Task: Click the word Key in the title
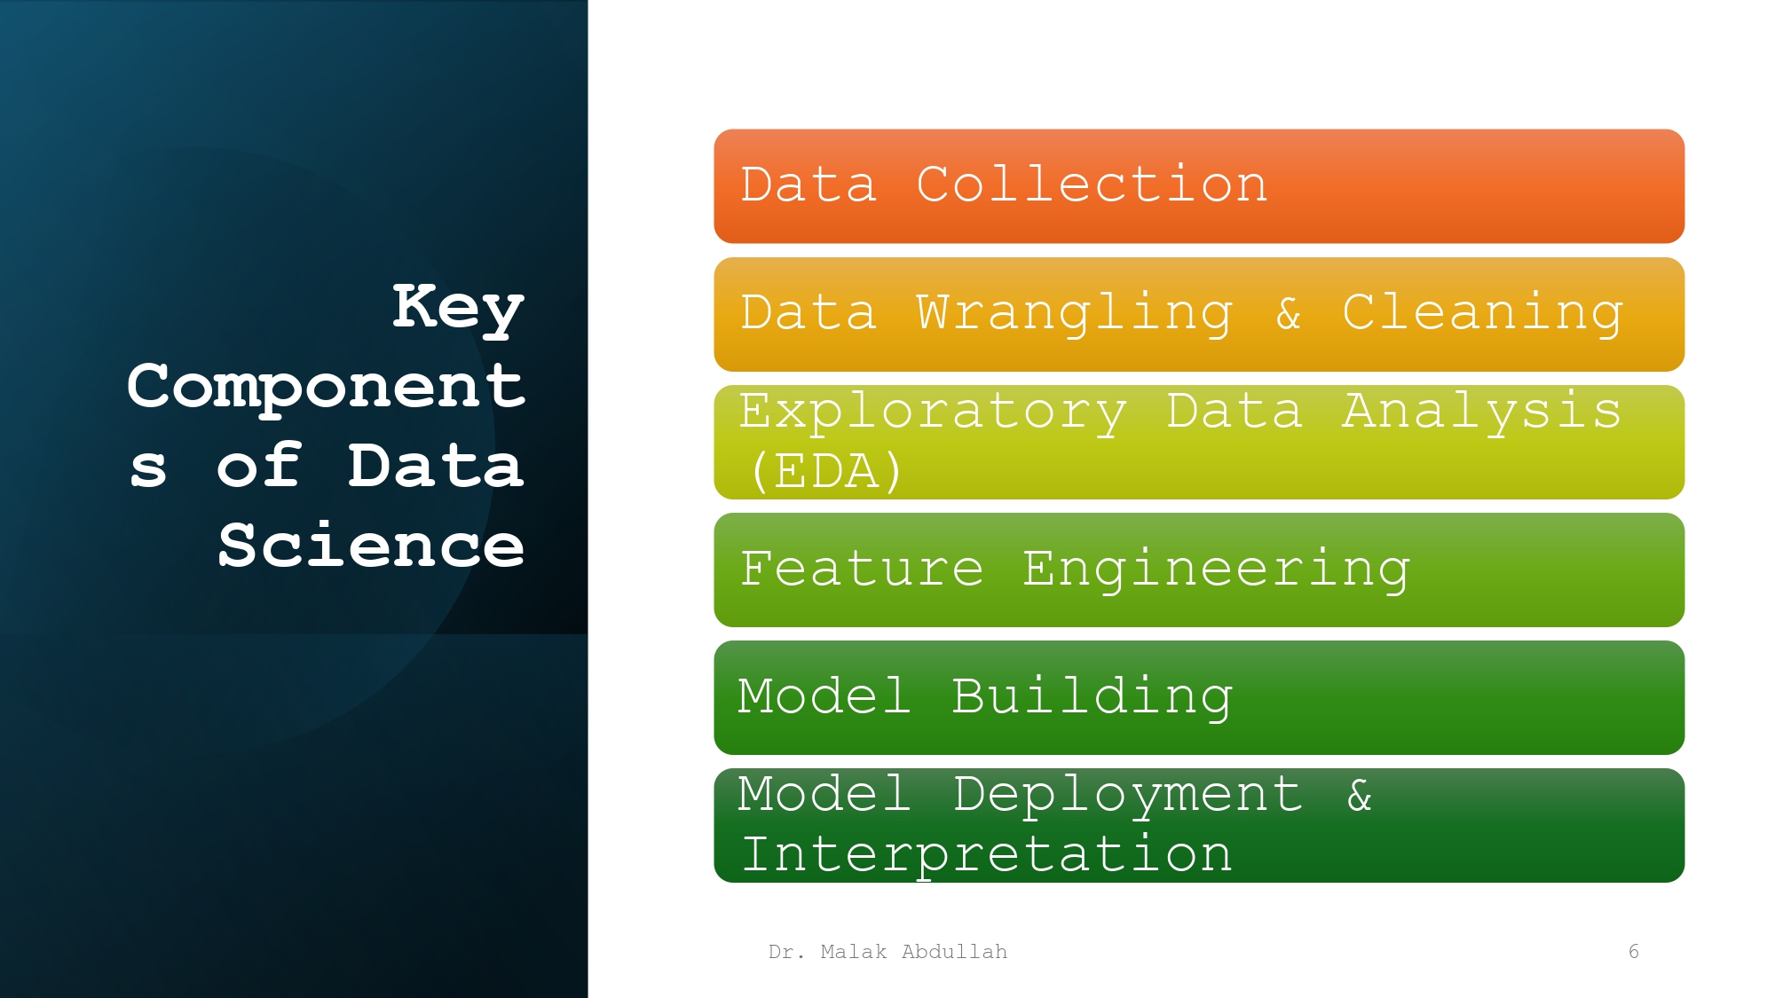tap(458, 307)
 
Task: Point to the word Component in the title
tap(327, 386)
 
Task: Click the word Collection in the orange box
tap(1092, 185)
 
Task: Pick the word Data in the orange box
tap(809, 185)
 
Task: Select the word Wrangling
tap(1075, 313)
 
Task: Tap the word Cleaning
tap(1482, 313)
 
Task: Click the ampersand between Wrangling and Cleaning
tap(1289, 313)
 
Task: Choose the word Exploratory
tap(933, 412)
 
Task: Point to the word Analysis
tap(1481, 412)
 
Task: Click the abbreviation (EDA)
tap(826, 470)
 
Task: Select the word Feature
tap(862, 569)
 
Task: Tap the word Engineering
tap(1216, 569)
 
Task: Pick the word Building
tap(1092, 696)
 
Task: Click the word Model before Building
tap(824, 696)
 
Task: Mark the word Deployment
tap(1128, 794)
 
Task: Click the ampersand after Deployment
tap(1360, 794)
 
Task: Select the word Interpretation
tap(986, 853)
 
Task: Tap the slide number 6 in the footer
tap(1633, 952)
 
